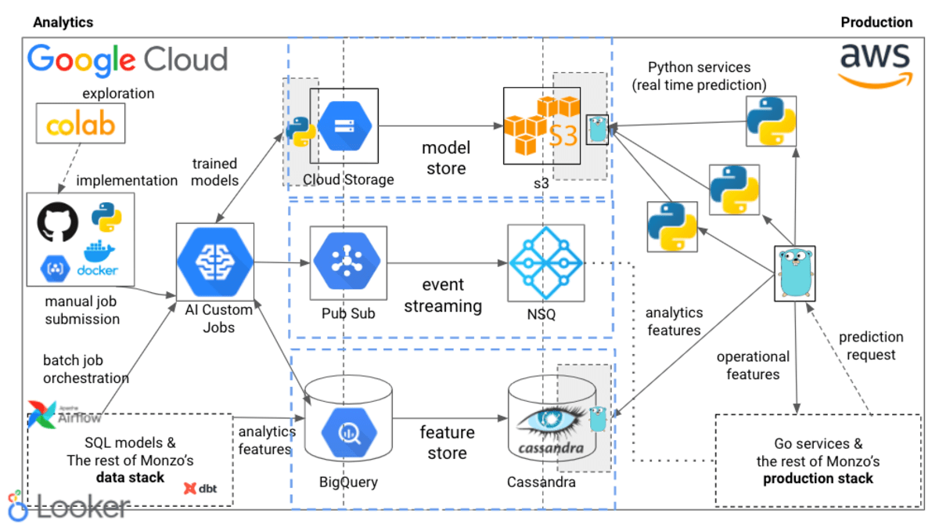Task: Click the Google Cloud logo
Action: coord(128,60)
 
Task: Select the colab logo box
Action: coord(81,125)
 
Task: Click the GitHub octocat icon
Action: coord(58,222)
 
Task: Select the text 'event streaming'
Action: coord(442,295)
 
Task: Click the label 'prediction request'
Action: coord(871,345)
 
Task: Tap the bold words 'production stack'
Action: coord(818,479)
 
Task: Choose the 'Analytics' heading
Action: coord(63,23)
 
